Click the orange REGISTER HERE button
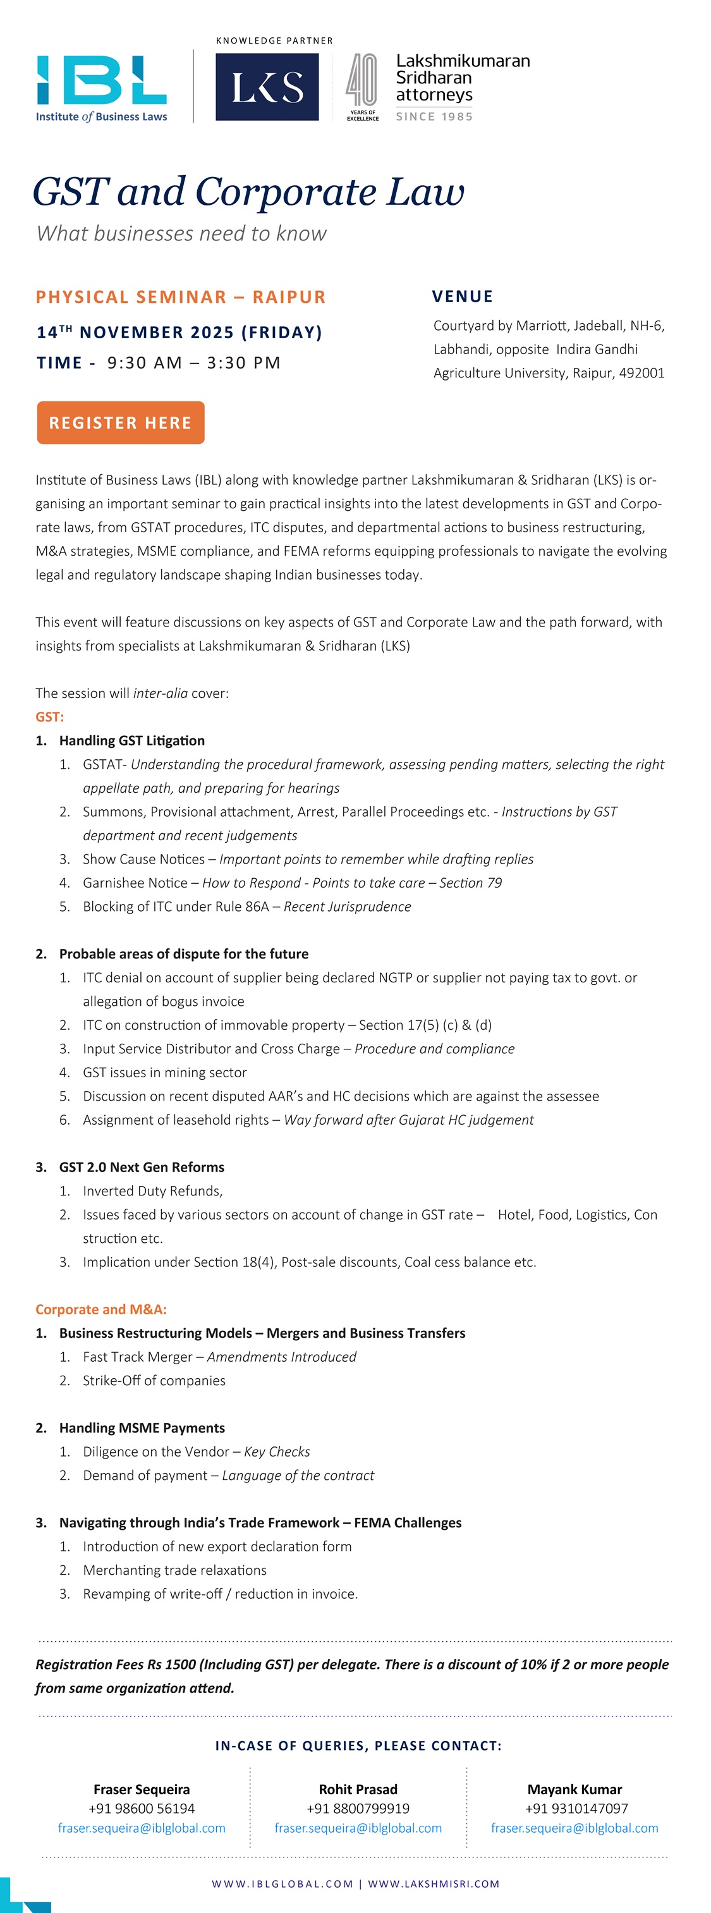[x=120, y=422]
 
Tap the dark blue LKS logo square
[x=267, y=87]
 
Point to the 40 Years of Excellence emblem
[x=362, y=87]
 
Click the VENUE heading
[x=463, y=296]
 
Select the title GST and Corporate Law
[x=248, y=192]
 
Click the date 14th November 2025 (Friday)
[x=179, y=332]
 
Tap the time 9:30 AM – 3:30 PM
[x=193, y=363]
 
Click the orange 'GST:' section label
[x=50, y=717]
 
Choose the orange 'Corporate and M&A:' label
[x=101, y=1309]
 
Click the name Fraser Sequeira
[x=142, y=1789]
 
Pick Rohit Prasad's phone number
[x=358, y=1808]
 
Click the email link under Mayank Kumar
[x=574, y=1828]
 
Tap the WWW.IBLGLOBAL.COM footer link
[x=282, y=1883]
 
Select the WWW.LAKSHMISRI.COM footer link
[x=434, y=1883]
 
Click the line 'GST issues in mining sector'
[x=165, y=1072]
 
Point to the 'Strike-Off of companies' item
[x=154, y=1381]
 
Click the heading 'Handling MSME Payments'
[x=142, y=1428]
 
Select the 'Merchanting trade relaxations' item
[x=174, y=1570]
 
